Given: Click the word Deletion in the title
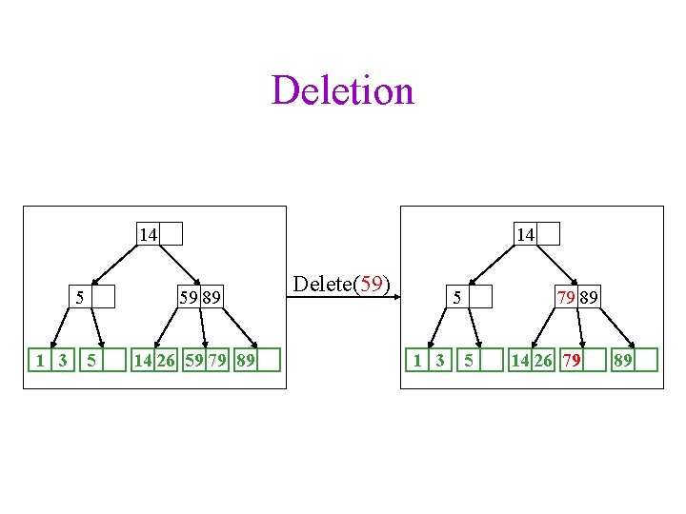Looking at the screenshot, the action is click(x=343, y=91).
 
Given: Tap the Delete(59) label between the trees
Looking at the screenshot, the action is click(x=342, y=285).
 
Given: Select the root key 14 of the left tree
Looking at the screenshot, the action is click(x=148, y=234).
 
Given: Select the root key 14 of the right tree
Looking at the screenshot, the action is click(x=524, y=234).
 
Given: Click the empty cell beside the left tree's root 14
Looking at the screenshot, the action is click(x=171, y=234).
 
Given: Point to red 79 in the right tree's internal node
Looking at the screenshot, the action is click(x=567, y=298).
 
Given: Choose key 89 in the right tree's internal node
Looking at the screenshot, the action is click(x=590, y=298).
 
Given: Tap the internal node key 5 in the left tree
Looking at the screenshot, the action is click(x=80, y=298).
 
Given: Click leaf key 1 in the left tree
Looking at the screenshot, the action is click(x=39, y=360).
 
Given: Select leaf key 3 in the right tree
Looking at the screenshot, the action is click(x=439, y=360).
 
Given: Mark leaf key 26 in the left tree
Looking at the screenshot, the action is click(x=166, y=360).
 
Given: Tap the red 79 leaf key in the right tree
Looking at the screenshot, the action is click(x=572, y=360).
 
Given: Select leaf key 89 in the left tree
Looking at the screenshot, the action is click(x=245, y=360).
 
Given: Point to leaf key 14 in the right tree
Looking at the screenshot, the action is click(x=520, y=360).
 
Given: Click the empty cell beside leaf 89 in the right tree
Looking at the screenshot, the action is click(x=646, y=360).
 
